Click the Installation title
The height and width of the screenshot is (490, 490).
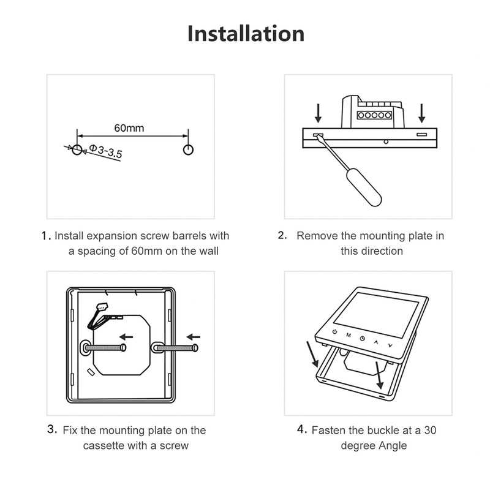pos(245,33)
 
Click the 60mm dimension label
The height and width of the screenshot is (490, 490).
pos(129,128)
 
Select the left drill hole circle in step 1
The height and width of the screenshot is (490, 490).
pos(77,149)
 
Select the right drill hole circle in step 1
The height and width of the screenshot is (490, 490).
pos(188,149)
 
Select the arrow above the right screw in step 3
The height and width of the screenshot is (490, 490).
pos(194,336)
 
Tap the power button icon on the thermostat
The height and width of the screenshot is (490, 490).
pos(334,333)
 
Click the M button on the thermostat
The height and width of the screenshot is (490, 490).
pos(348,336)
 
